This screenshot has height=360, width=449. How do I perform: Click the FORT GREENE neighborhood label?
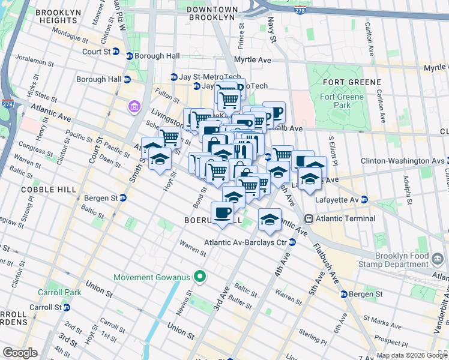coord(351,82)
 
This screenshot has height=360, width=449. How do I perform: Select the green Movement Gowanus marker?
coord(200,277)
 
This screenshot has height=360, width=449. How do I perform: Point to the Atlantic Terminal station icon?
coord(309,218)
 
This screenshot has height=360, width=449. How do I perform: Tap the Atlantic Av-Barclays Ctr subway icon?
coord(292,242)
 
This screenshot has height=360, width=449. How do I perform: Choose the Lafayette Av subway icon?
coord(364,199)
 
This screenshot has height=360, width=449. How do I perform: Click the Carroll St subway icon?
coord(67,307)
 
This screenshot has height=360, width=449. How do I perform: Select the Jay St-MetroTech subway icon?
coord(173,77)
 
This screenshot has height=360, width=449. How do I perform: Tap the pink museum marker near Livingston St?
coord(133,107)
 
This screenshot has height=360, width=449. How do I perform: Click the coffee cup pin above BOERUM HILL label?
coord(222,212)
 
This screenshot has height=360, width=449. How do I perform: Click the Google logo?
coord(20,353)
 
